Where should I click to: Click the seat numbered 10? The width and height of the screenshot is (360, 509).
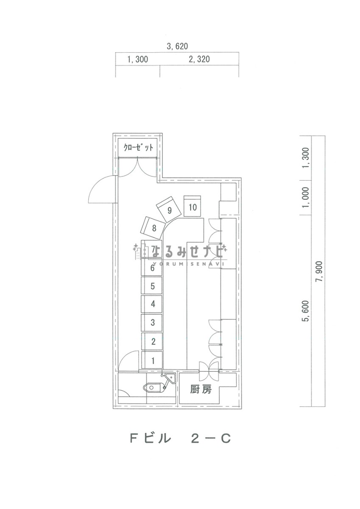coord(193,206)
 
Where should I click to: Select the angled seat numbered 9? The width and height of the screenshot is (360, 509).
coord(169,210)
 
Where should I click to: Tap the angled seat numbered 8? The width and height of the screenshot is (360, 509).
coord(152,228)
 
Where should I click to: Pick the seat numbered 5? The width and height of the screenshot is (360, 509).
coord(152,285)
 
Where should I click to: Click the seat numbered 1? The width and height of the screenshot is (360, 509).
coord(152,360)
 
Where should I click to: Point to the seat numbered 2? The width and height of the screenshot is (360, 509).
coord(152,341)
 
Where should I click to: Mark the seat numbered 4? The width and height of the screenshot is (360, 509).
coord(152,304)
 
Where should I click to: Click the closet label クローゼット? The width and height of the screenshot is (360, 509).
coord(138,148)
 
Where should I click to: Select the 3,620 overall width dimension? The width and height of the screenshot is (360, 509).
coord(177,46)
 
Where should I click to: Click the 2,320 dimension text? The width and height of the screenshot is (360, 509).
coord(199,59)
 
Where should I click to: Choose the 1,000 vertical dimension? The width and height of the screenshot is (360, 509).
coord(306,197)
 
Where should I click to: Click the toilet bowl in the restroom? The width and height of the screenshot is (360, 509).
coord(153,387)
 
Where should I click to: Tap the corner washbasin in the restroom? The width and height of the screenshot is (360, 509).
coord(170,378)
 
